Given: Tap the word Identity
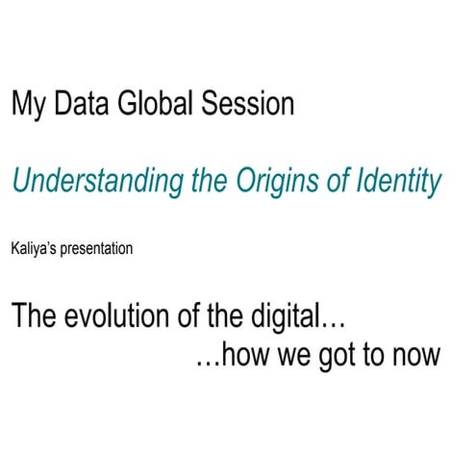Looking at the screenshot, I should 396,181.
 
